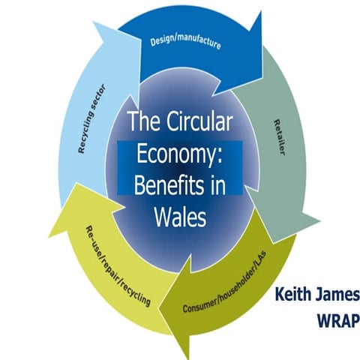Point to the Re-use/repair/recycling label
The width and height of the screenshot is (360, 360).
pyautogui.click(x=118, y=264)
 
